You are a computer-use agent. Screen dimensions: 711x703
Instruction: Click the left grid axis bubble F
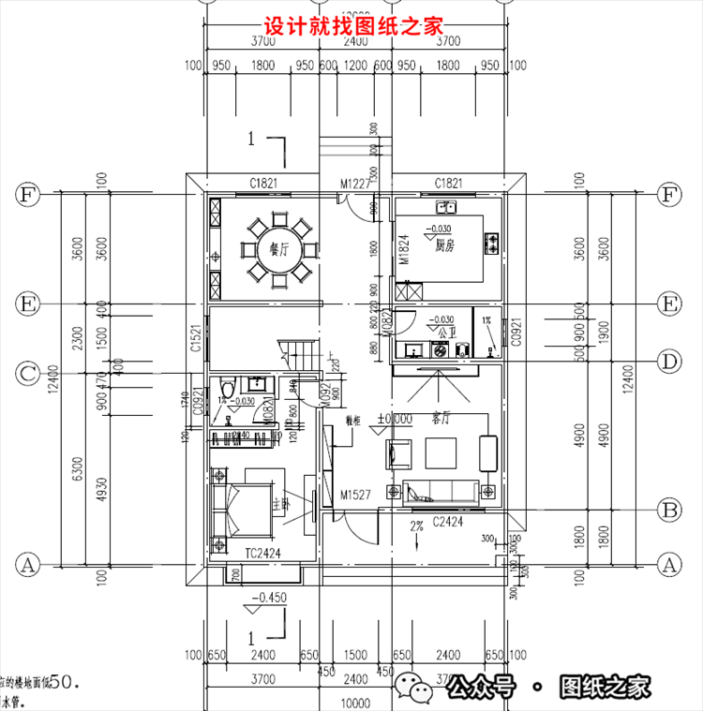(27, 195)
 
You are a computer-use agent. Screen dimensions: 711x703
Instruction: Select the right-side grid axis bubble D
(669, 361)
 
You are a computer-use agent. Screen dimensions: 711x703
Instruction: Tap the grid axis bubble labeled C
(27, 374)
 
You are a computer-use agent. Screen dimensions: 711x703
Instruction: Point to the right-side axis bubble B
(669, 511)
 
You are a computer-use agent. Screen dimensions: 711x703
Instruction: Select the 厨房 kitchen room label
(444, 245)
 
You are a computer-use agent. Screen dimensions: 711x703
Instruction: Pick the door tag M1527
(357, 494)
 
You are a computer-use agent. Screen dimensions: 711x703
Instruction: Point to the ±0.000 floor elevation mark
(395, 419)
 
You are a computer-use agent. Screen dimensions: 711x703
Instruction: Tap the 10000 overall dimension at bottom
(353, 703)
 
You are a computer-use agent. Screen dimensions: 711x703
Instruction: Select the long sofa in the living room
(442, 490)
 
